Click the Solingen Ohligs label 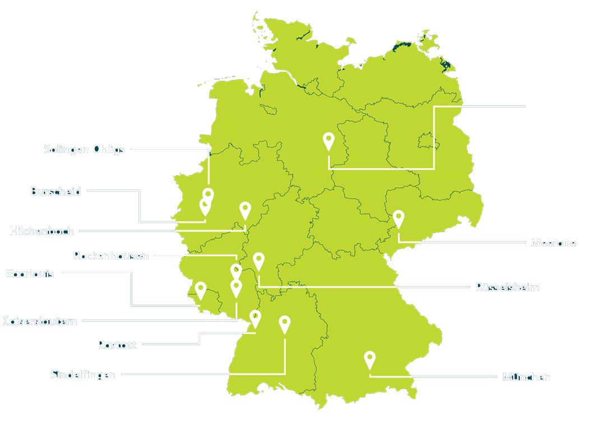84,150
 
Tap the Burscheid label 55,192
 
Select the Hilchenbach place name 41,230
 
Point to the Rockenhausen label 111,256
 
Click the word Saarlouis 30,274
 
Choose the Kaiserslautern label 40,321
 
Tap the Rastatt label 117,345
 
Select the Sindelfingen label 83,374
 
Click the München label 526,377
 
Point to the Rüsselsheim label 507,288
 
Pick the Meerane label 553,243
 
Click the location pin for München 369,359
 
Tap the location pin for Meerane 398,218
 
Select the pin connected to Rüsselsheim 258,261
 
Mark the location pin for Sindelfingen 285,324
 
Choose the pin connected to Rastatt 256,318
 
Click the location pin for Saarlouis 200,290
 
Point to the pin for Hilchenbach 245,210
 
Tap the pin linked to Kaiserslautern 236,288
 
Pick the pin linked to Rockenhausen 236,272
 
